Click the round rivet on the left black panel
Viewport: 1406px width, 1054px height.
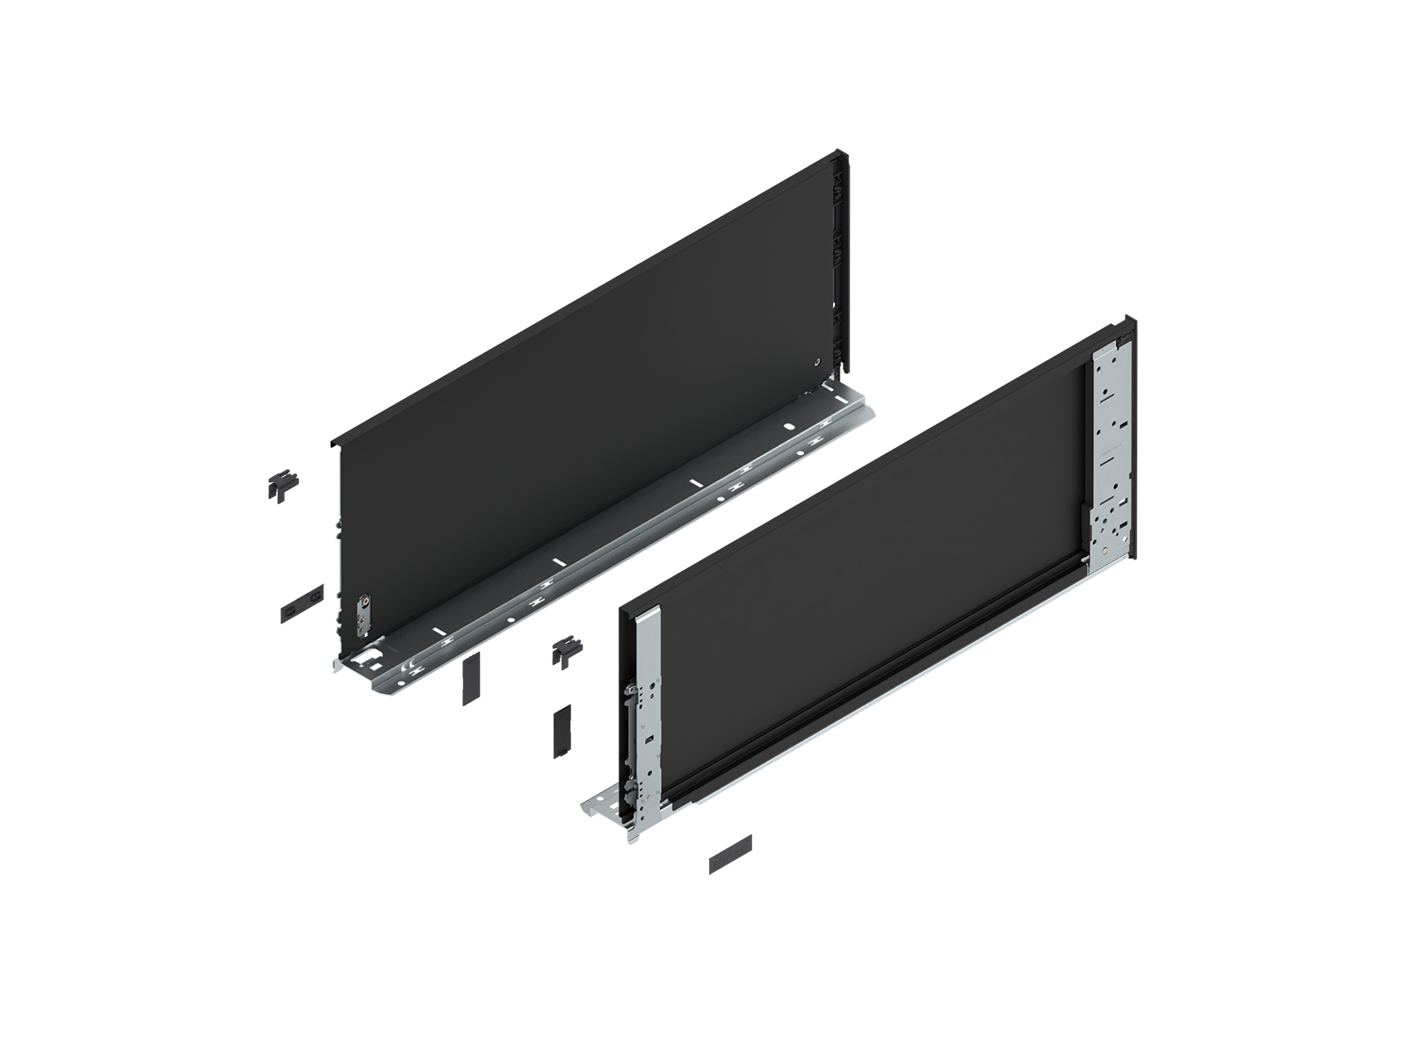click(818, 361)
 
